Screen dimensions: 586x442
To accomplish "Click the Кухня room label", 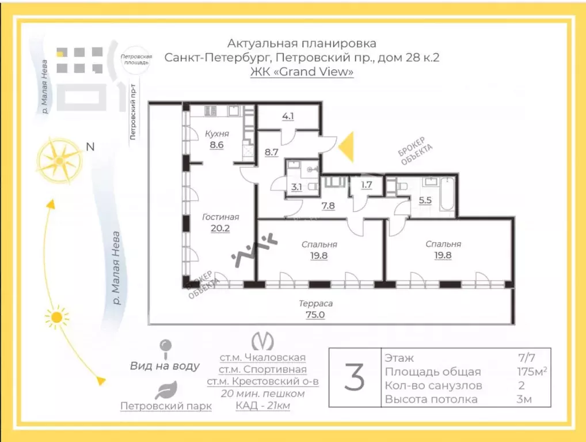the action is [x=217, y=134].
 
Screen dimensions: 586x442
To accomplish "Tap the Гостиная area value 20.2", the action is [x=220, y=228].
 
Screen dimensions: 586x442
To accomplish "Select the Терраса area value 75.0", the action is [x=315, y=315].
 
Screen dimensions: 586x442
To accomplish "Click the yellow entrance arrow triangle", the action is [x=346, y=147].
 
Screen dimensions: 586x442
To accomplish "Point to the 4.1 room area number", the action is [x=288, y=116].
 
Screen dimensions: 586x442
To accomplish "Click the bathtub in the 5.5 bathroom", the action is [x=447, y=195].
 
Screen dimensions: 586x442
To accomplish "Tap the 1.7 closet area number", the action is [x=367, y=185].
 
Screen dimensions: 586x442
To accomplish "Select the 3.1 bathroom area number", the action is [x=296, y=187].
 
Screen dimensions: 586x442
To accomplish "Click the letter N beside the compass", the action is [x=90, y=147].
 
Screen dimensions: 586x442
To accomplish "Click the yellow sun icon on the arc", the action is [x=56, y=318].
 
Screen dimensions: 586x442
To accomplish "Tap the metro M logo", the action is [x=262, y=341].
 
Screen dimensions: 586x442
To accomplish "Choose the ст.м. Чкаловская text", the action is [x=262, y=358].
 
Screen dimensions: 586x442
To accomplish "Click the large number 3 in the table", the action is [x=354, y=377].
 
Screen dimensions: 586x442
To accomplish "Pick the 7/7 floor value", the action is [x=526, y=358].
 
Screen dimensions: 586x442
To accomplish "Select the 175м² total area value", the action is [x=532, y=371].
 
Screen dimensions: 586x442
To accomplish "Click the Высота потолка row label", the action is [x=431, y=399].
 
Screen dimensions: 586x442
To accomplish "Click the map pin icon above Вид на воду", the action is [x=165, y=349].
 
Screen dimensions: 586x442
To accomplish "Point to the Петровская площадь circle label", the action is [x=136, y=59].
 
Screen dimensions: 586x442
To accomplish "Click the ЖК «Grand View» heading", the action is [x=302, y=71].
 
